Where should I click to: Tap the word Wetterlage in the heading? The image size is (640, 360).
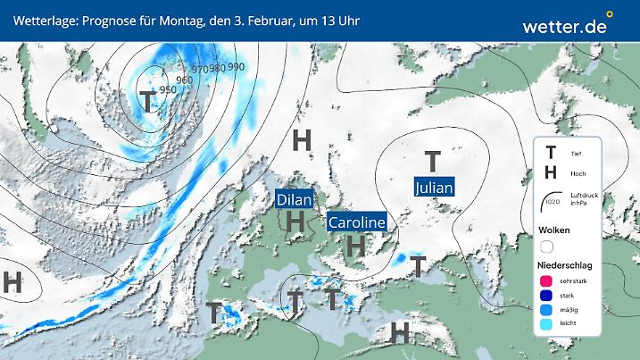pos(37,20)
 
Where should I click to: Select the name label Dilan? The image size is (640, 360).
pos(295,200)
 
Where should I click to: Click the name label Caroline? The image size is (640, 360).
pos(356,222)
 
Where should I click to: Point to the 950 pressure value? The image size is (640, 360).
pos(167,90)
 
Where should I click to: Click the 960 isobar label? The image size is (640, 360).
pos(185,80)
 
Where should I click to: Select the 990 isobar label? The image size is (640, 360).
pos(236,67)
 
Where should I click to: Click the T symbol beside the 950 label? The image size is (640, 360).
pos(145,100)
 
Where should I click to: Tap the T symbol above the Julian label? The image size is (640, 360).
pos(433,162)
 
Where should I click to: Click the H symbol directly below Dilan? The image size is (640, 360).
pos(295,221)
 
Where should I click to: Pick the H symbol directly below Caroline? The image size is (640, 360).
pos(356,244)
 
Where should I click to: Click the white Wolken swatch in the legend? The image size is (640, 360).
pos(547,246)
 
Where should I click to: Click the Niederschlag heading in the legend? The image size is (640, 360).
pos(567,266)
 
